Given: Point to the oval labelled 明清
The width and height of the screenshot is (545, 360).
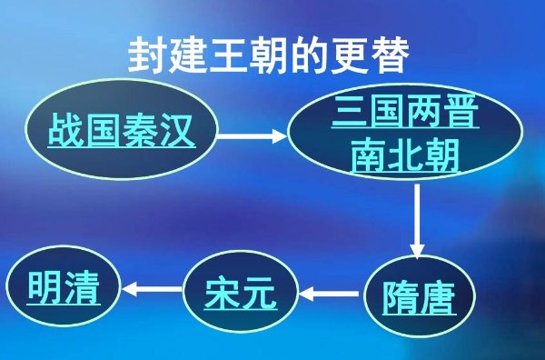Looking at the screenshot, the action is [x=63, y=289].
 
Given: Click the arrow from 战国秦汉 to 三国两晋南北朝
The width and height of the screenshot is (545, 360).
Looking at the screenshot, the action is [x=253, y=137].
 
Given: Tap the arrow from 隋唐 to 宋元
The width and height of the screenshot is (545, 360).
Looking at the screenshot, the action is [x=331, y=293].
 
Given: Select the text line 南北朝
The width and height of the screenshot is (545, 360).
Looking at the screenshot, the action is [x=405, y=156].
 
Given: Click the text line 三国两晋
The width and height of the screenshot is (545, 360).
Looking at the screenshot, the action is [x=405, y=115].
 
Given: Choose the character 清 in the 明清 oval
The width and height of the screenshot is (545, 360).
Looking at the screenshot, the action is [x=82, y=289].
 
